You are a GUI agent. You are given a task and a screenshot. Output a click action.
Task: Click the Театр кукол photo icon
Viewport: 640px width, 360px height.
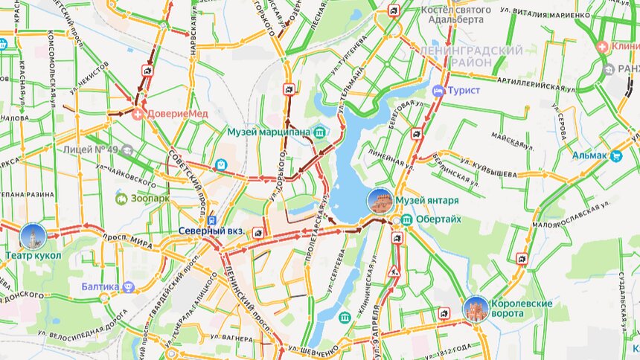coord(33,236)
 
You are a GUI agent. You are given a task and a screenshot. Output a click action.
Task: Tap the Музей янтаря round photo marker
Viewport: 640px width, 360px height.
coord(380,201)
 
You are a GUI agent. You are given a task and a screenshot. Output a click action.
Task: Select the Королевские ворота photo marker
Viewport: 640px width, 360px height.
coord(476,308)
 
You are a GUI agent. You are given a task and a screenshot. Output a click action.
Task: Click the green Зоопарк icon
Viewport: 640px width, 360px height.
coord(121,199)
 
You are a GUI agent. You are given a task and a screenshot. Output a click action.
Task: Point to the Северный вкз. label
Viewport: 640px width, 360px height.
coord(211,231)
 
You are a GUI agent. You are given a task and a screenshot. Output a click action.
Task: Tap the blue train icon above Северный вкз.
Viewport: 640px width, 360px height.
coord(212,220)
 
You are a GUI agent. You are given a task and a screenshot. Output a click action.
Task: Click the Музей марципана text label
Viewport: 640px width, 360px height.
coord(269,132)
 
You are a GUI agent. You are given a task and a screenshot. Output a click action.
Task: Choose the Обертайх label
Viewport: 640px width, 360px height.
coord(439,219)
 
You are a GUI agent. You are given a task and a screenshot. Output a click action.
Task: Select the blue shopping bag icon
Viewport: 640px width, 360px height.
coord(221,164)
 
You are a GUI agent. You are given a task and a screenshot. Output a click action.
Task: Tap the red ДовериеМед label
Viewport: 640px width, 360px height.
coord(177,113)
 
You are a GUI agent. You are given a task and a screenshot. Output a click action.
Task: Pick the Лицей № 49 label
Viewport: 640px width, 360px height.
coord(92,150)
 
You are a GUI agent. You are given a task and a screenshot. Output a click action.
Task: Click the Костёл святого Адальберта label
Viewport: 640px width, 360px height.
coord(455,16)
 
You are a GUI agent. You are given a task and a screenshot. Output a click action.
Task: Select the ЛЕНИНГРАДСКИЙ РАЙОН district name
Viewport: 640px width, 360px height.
coord(470,56)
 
